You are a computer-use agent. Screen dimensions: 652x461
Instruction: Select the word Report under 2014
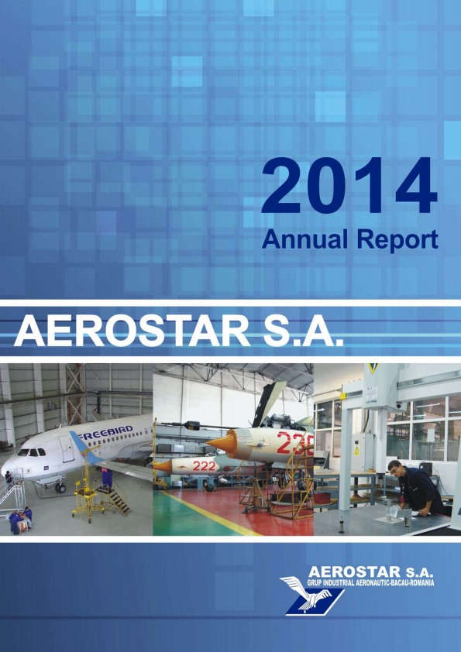coord(396,239)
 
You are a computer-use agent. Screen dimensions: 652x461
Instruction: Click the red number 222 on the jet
coord(204,465)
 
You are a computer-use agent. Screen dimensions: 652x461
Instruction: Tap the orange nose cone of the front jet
coord(221,442)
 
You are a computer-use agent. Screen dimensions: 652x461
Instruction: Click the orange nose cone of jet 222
coord(162,465)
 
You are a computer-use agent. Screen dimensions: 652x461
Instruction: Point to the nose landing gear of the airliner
coord(60,487)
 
